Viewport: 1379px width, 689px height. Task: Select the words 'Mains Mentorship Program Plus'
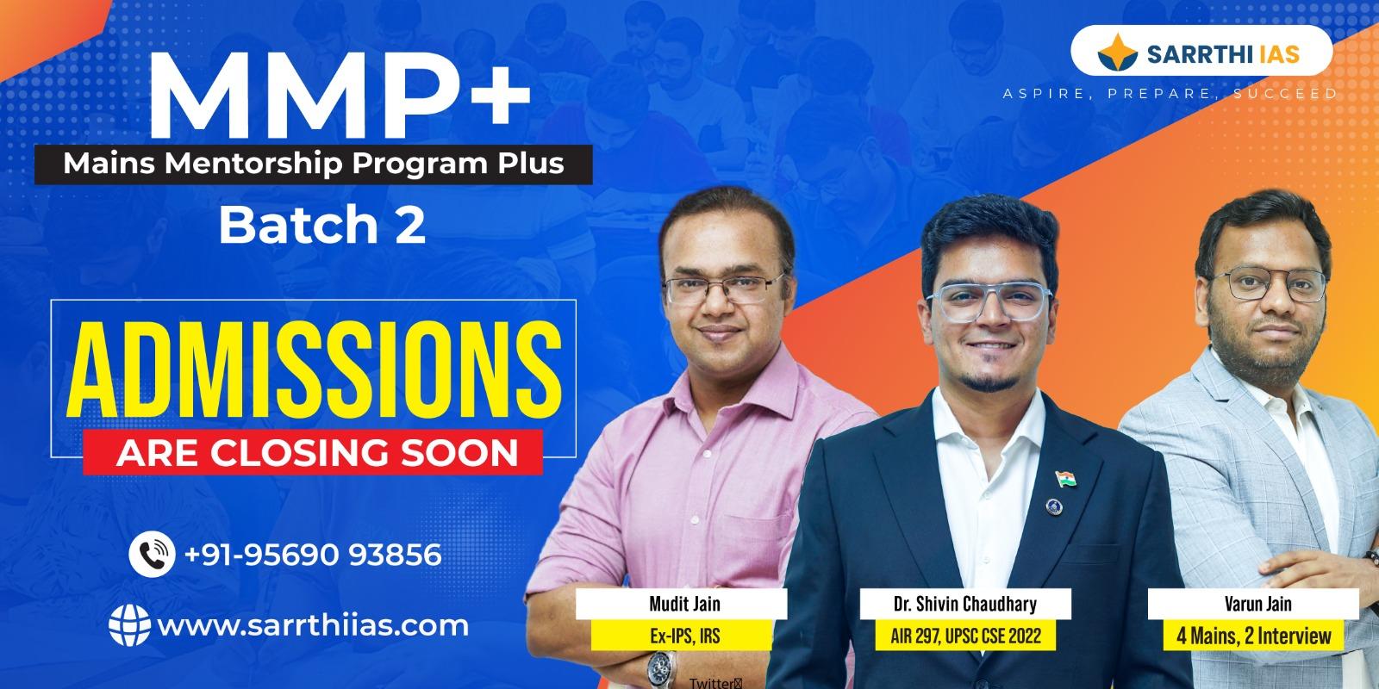[314, 164]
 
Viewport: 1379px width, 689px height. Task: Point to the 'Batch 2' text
[322, 226]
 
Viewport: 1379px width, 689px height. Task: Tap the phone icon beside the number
[153, 555]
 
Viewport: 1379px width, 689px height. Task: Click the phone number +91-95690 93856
[313, 555]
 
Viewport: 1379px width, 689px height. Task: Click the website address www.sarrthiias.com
[312, 624]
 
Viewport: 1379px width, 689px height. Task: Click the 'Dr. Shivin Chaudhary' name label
[964, 604]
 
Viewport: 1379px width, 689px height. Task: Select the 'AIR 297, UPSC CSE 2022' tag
[964, 637]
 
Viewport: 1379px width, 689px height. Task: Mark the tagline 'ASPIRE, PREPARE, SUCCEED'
[1170, 93]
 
